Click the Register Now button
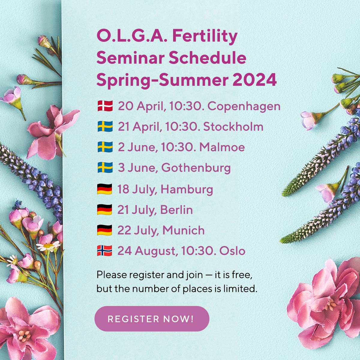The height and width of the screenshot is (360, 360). tap(152, 319)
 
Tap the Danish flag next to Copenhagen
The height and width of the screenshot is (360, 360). tap(105, 106)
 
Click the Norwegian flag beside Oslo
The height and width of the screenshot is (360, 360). tap(104, 251)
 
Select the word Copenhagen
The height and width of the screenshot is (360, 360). tap(244, 106)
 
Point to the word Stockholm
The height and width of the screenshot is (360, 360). tap(233, 127)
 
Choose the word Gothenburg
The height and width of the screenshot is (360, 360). tap(196, 168)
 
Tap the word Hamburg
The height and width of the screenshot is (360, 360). tap(187, 189)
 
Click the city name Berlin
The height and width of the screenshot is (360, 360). tap(176, 210)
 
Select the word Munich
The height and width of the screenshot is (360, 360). tap(183, 230)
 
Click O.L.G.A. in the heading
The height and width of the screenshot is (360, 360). tap(132, 36)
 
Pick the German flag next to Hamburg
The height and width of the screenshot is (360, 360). tap(104, 189)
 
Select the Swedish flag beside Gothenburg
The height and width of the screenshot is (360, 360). tap(105, 168)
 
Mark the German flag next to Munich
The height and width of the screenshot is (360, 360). tap(104, 230)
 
